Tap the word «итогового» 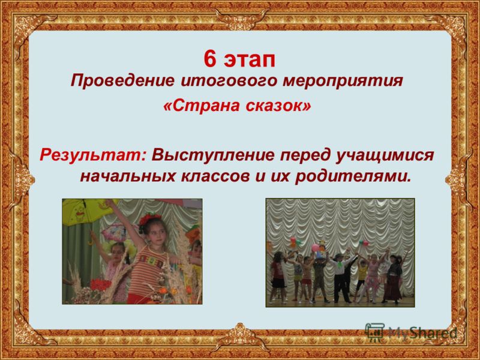(229, 82)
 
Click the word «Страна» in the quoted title (202, 106)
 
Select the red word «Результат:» (93, 155)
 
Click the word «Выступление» (214, 155)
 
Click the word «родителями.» (352, 177)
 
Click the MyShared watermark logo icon (374, 332)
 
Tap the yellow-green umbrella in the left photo (87, 211)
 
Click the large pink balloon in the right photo (315, 248)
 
